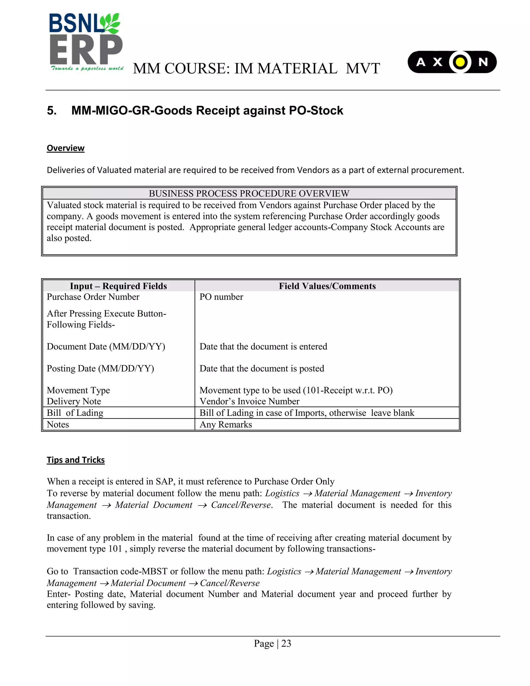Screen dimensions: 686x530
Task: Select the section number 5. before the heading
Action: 52,111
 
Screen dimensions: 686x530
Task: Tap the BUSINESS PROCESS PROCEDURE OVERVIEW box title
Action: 249,193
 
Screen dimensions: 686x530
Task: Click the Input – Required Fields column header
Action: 118,286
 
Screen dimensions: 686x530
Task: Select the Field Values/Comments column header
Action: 327,286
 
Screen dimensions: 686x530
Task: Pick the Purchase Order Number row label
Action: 93,297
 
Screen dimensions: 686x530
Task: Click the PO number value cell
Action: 221,297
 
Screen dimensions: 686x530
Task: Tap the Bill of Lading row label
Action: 75,413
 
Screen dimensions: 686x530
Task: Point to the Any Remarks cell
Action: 226,424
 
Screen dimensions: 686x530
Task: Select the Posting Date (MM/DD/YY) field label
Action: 100,368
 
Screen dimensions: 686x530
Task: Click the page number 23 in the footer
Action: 286,643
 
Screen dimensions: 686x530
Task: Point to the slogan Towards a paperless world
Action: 87,69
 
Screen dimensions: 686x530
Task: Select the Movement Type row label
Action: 78,390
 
